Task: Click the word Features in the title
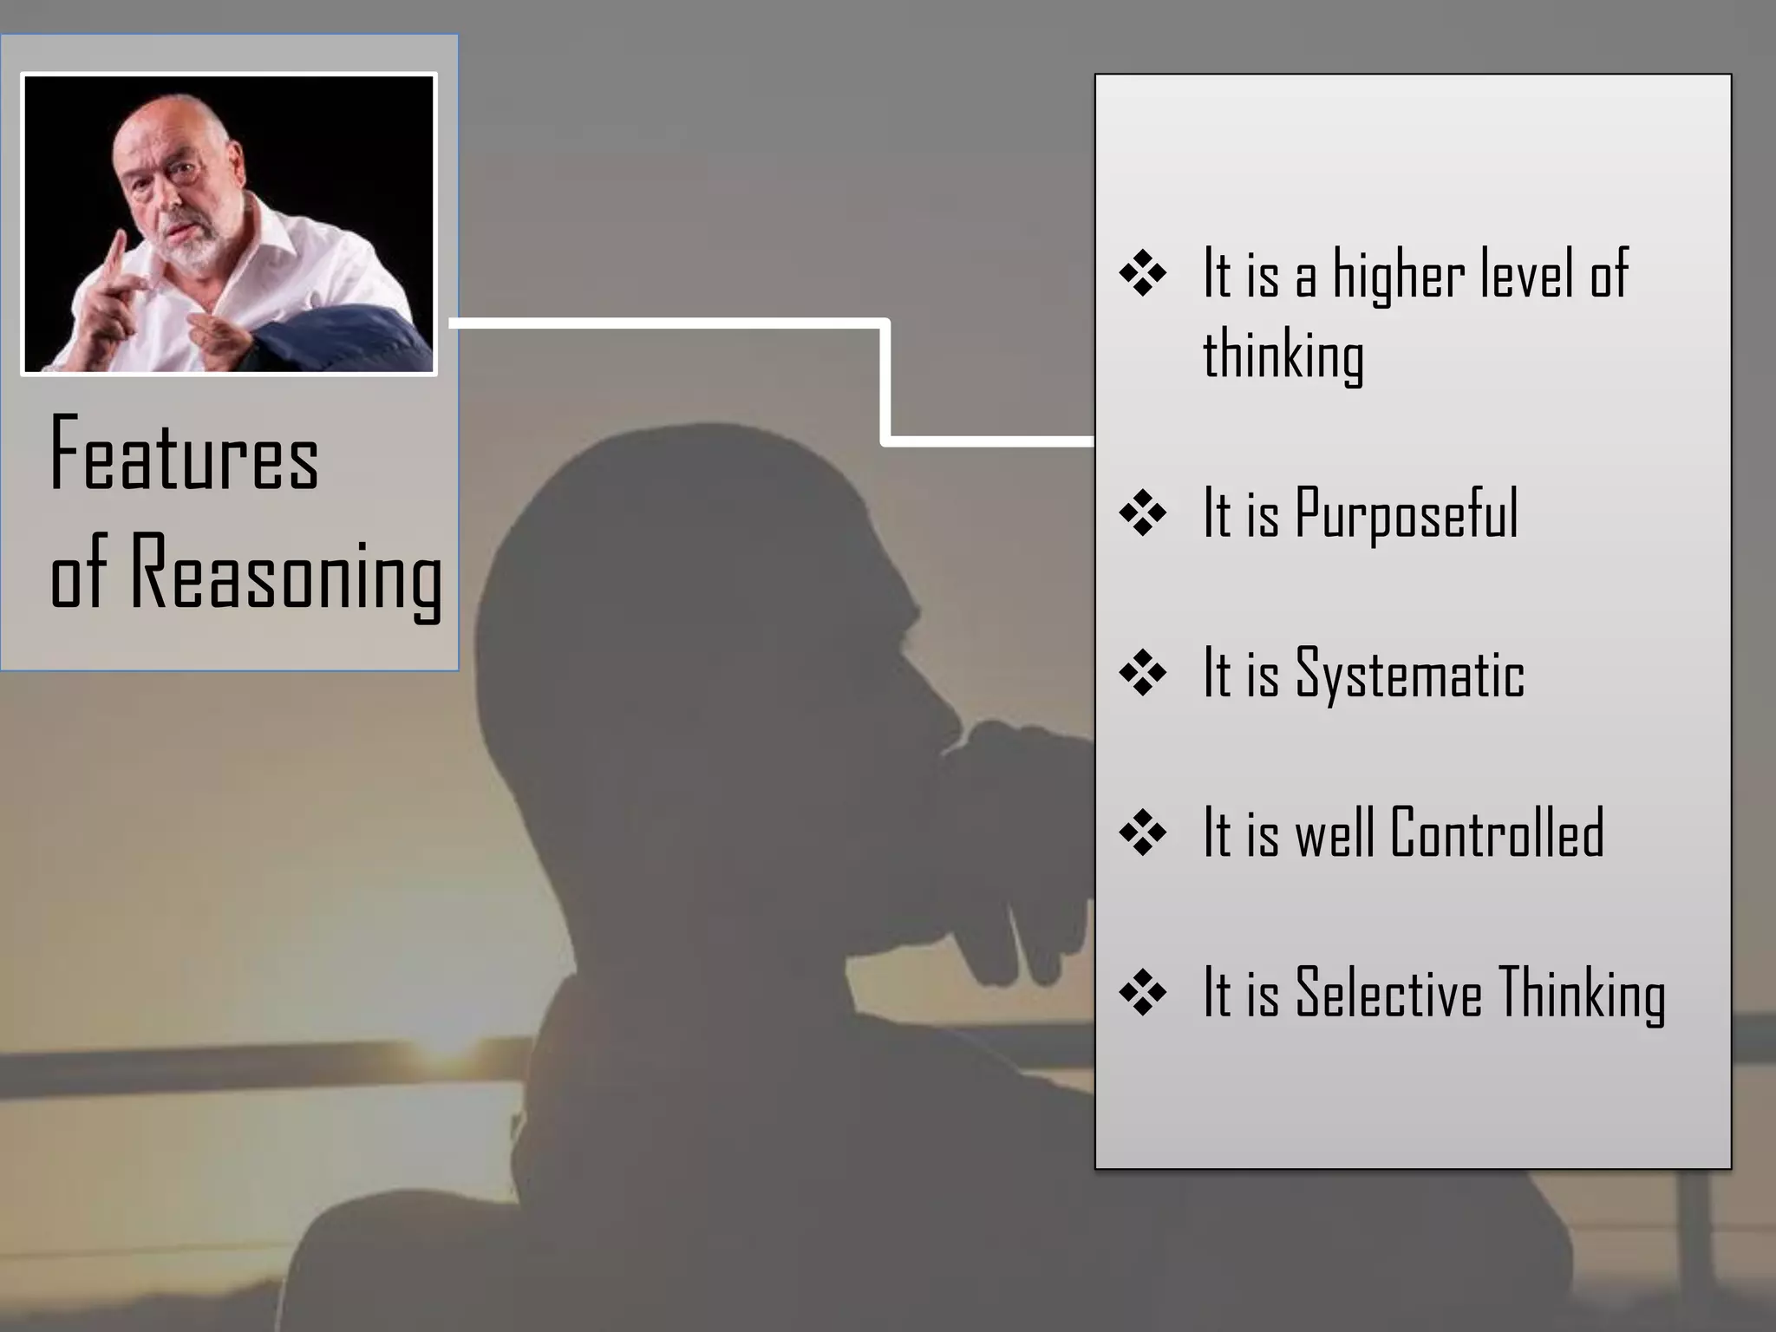[184, 455]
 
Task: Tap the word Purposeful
[1406, 514]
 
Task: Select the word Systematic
[1409, 674]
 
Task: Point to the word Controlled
[1496, 832]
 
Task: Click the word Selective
[1388, 992]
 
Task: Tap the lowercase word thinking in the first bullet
[1283, 356]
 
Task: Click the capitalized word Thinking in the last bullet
[1582, 994]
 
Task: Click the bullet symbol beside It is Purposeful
[1142, 514]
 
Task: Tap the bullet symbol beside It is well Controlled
[1142, 833]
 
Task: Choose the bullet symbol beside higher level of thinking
[1142, 275]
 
